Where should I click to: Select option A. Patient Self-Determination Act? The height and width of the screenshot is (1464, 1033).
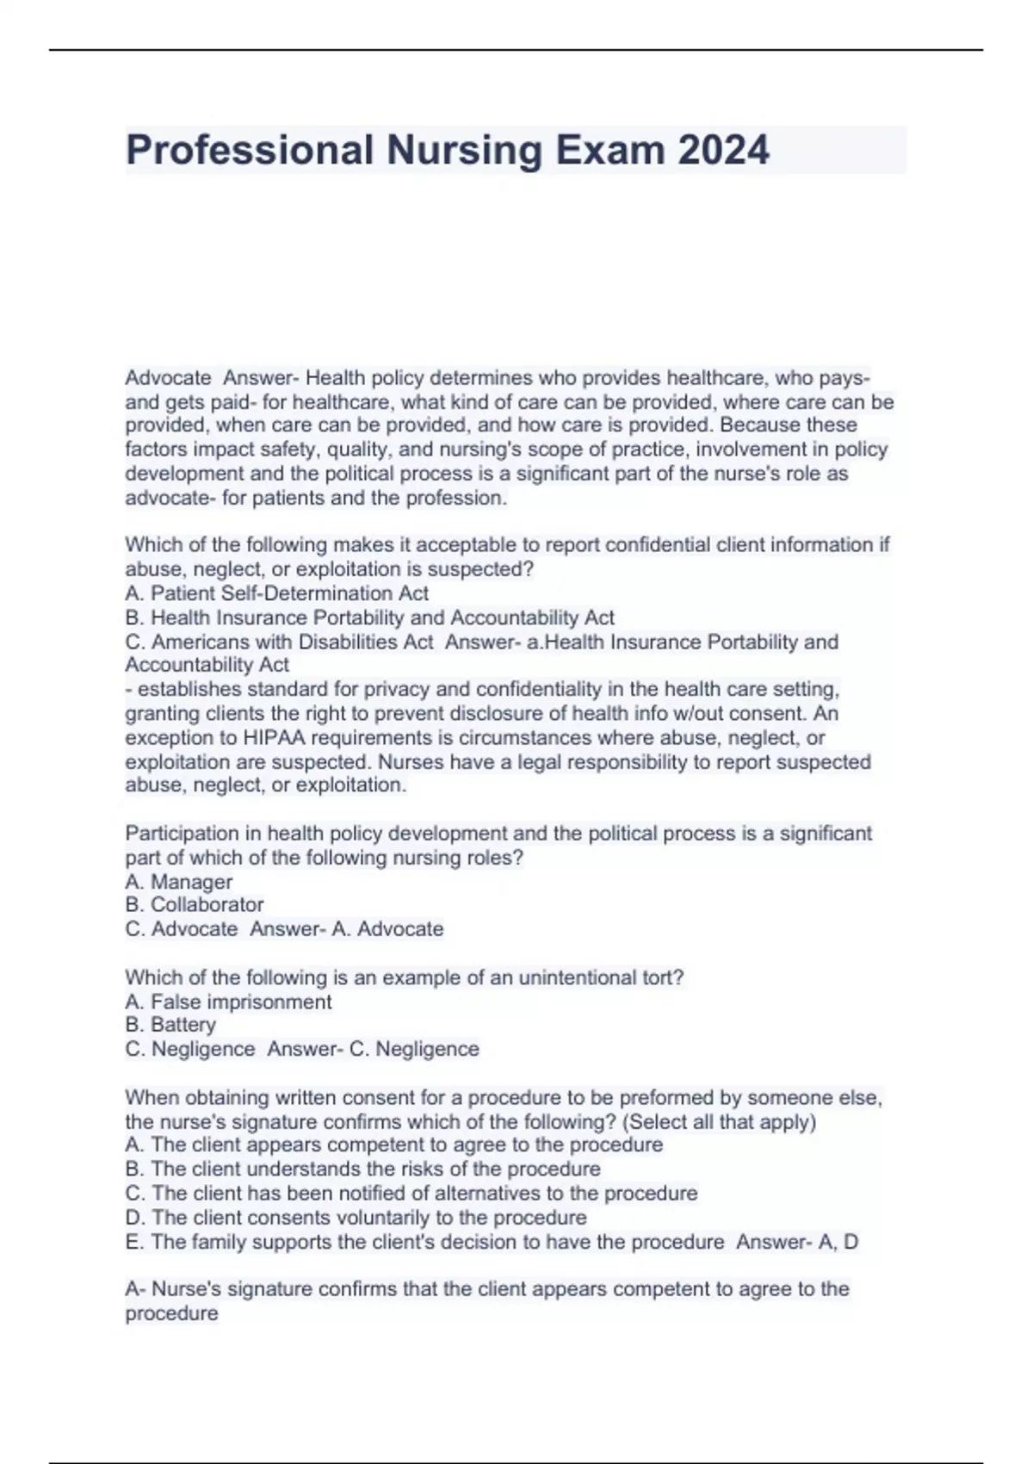tap(276, 593)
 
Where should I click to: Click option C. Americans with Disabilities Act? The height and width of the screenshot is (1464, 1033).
tap(279, 642)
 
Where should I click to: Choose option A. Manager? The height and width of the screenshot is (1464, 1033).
tap(178, 882)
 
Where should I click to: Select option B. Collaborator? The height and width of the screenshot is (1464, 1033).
tap(194, 905)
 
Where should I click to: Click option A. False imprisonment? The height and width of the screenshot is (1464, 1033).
tap(228, 1002)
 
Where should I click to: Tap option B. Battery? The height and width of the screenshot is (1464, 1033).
tap(170, 1025)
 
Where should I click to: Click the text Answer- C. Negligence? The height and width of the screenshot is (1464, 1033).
tap(373, 1049)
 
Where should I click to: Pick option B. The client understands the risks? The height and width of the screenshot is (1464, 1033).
tap(362, 1169)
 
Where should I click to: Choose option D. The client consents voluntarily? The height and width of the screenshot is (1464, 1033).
tap(356, 1218)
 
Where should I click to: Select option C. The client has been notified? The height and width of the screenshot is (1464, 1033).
tap(411, 1194)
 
